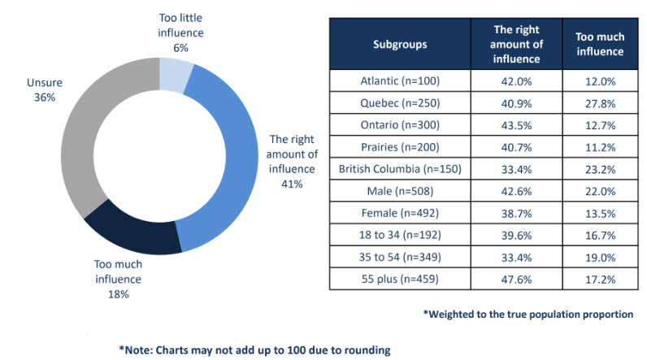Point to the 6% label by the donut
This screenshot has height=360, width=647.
click(180, 48)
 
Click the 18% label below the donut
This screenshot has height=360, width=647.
click(118, 294)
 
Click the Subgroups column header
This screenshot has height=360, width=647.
click(400, 45)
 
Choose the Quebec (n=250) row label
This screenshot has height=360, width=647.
click(400, 103)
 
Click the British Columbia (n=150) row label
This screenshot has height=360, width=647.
click(400, 169)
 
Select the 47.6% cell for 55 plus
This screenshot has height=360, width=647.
click(517, 279)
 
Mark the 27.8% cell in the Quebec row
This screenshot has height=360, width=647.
click(599, 103)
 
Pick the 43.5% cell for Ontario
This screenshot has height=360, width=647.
click(517, 125)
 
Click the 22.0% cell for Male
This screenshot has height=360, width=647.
click(599, 191)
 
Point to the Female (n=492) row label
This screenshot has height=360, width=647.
click(400, 213)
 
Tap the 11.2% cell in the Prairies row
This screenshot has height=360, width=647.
click(599, 147)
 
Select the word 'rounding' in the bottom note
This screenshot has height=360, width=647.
click(367, 350)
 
